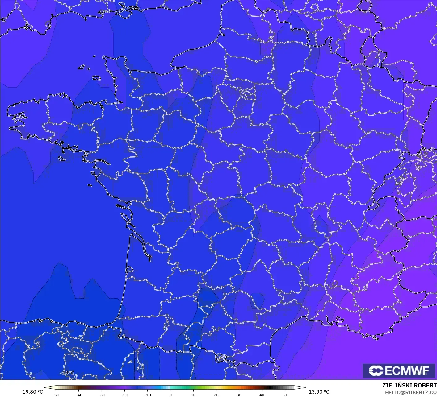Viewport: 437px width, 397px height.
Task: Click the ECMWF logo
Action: click(399, 370)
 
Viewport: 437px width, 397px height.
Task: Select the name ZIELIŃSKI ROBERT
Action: click(409, 385)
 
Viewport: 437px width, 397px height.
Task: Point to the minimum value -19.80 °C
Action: click(32, 392)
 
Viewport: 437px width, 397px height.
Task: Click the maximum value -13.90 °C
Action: click(318, 392)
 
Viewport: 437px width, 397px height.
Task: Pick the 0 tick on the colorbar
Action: click(170, 395)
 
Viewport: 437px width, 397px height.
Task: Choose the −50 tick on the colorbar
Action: click(56, 395)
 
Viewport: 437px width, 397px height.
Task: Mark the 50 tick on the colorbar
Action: click(284, 395)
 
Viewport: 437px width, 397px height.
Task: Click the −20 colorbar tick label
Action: click(124, 395)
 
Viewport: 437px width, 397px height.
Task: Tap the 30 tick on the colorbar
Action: click(239, 395)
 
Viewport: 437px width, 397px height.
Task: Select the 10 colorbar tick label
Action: click(193, 395)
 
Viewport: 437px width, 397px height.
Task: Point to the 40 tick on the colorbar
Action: click(262, 395)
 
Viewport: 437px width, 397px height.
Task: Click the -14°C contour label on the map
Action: click(67, 373)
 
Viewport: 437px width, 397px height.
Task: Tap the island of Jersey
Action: click(97, 78)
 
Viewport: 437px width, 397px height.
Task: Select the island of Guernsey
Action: click(82, 67)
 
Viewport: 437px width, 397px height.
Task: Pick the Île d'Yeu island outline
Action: click(90, 185)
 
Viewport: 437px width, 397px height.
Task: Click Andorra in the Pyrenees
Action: click(221, 358)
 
